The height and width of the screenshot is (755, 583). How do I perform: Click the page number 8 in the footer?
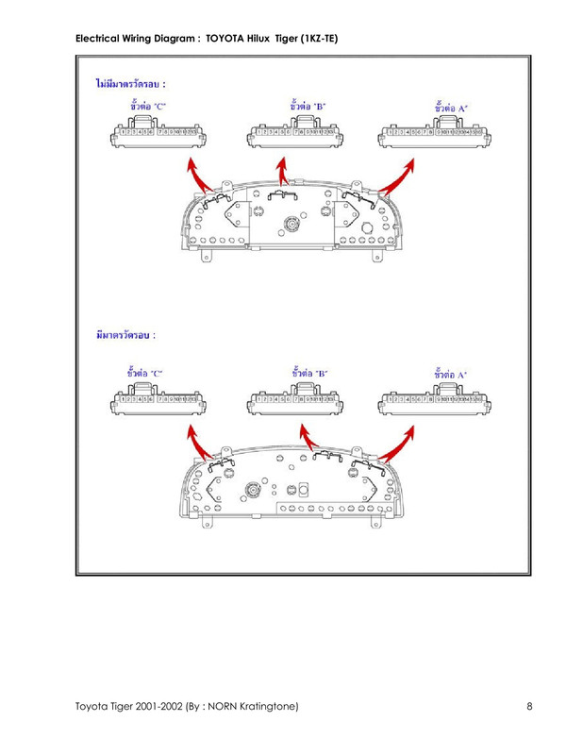click(x=531, y=707)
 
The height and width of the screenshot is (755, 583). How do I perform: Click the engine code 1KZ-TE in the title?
click(x=319, y=39)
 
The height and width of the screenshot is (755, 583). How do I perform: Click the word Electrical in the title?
click(x=98, y=39)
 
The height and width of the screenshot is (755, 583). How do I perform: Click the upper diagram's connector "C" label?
click(x=147, y=107)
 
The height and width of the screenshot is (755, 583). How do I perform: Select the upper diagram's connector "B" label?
click(x=308, y=106)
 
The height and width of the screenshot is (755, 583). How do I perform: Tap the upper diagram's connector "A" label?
click(x=452, y=108)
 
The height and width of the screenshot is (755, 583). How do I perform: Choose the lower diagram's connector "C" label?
click(x=144, y=373)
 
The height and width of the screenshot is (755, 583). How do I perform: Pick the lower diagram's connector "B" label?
click(x=309, y=373)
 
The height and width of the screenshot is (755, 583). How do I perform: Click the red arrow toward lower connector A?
click(x=402, y=438)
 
